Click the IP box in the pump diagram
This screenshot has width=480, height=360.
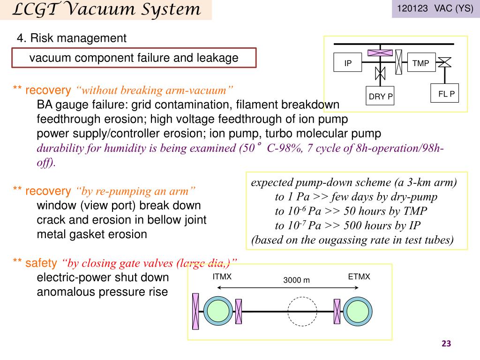(x=348, y=63)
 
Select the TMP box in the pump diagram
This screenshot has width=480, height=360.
(x=420, y=63)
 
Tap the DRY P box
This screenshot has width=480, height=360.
(x=380, y=97)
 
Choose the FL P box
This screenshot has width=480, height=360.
(x=446, y=94)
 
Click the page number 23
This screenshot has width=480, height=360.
(x=446, y=344)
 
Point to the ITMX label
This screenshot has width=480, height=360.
(x=222, y=277)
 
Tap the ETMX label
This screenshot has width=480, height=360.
(x=359, y=277)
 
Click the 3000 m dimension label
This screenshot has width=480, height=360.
(x=296, y=280)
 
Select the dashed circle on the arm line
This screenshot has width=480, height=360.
(x=302, y=311)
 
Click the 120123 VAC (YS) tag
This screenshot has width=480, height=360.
(x=435, y=9)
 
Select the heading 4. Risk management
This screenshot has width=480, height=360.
(x=71, y=38)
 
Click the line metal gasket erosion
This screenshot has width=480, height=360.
(x=92, y=234)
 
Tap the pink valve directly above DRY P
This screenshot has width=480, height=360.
(x=380, y=73)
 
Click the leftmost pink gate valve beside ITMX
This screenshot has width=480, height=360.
(x=195, y=311)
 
